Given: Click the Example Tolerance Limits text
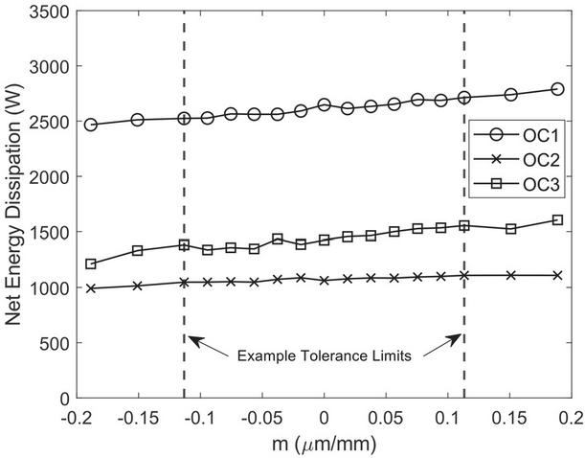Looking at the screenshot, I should [325, 357].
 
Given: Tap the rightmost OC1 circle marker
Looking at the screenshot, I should [557, 89].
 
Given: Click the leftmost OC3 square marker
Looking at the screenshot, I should [91, 263].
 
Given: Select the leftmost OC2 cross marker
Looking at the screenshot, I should [91, 288].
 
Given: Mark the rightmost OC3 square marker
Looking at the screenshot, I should [557, 220].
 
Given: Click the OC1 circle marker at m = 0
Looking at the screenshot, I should [325, 104].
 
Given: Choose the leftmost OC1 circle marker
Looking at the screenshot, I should [91, 125].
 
